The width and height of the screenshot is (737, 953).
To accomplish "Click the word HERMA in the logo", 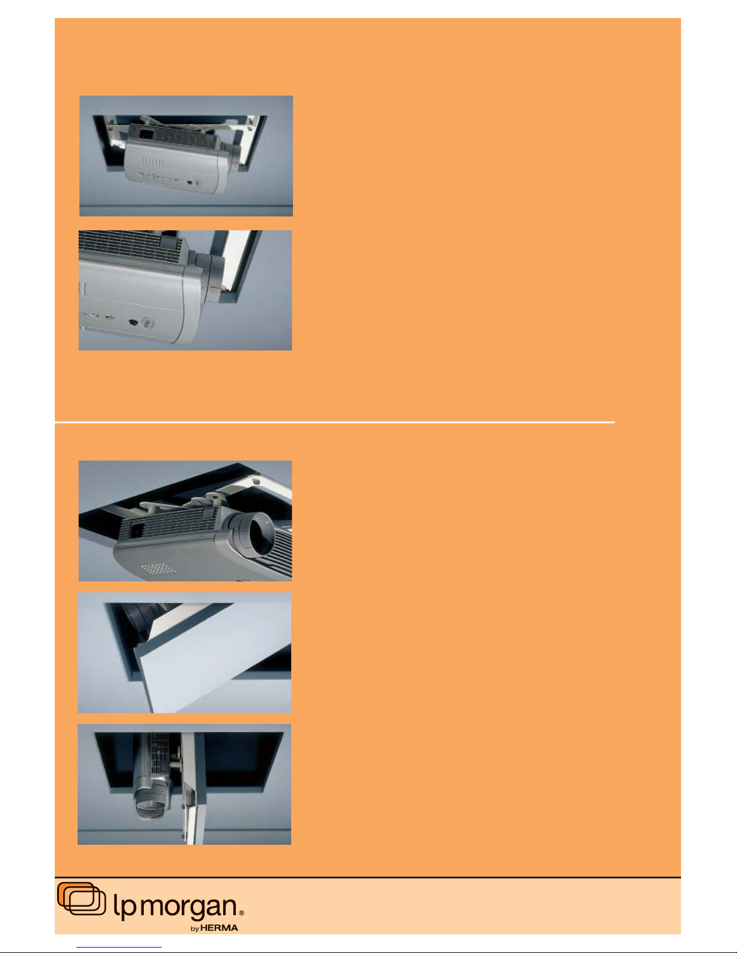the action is pyautogui.click(x=219, y=928).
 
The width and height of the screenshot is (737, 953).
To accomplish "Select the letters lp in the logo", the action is pyautogui.click(x=125, y=906).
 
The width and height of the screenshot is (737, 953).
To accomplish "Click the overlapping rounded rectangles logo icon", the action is pyautogui.click(x=81, y=899).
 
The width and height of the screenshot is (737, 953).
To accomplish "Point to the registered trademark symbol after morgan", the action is pyautogui.click(x=241, y=913).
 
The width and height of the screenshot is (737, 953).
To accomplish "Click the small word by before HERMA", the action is pyautogui.click(x=195, y=928).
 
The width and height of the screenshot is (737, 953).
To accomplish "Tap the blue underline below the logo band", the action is pyautogui.click(x=119, y=948).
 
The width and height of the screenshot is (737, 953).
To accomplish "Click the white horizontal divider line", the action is pyautogui.click(x=335, y=422).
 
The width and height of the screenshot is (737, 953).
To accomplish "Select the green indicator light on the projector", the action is pyautogui.click(x=110, y=317).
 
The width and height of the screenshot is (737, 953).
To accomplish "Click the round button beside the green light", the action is pyautogui.click(x=148, y=323).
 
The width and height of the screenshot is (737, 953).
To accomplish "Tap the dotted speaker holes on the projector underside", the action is pyautogui.click(x=158, y=569).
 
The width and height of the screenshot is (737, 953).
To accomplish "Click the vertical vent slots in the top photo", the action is pyautogui.click(x=152, y=163).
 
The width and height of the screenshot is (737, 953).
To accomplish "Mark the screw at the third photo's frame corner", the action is pyautogui.click(x=257, y=480).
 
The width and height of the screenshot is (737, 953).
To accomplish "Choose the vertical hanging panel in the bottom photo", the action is pyautogui.click(x=194, y=788).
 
